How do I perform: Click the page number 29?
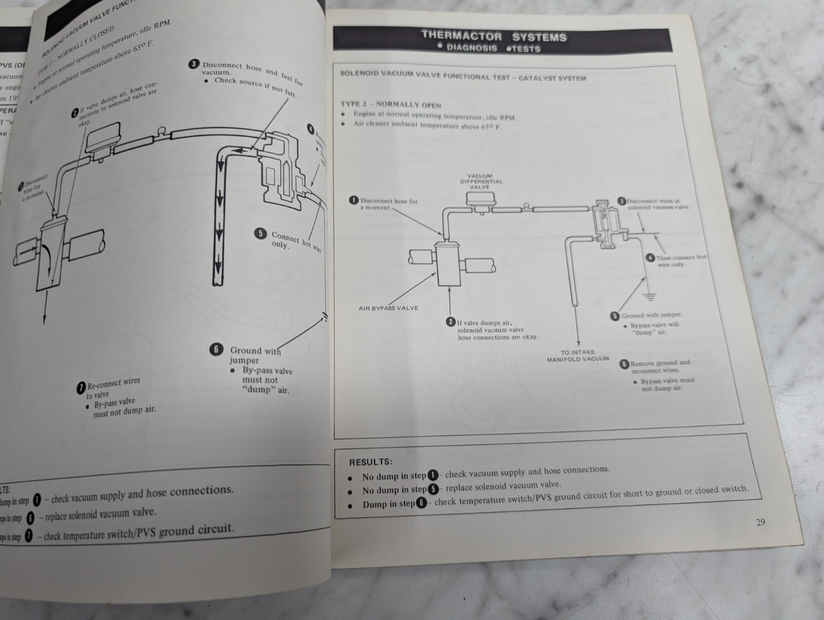point(760,522)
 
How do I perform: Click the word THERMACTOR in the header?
point(461,36)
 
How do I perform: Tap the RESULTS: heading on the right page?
point(370,462)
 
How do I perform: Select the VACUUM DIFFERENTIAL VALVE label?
point(479,181)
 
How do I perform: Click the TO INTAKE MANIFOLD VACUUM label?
point(578,355)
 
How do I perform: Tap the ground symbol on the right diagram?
point(649,297)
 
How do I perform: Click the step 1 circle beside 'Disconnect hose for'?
point(354,200)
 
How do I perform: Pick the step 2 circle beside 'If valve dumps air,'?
point(451,322)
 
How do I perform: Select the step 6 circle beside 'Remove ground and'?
point(624,364)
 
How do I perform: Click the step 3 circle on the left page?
point(194,64)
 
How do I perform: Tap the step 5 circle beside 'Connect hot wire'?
point(261,234)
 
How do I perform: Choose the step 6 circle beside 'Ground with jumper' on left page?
point(216,350)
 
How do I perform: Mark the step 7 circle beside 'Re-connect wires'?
point(81,388)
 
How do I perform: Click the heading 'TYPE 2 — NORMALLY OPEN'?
point(391,105)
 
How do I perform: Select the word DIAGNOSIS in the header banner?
point(472,48)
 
